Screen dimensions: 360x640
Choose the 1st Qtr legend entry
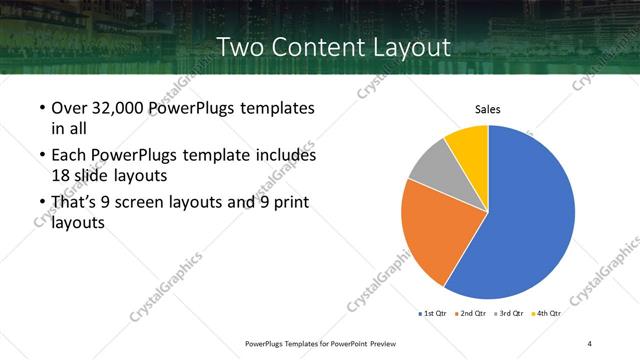coord(432,314)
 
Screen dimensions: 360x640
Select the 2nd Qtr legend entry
coord(472,314)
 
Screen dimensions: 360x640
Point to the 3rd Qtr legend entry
coord(509,314)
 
